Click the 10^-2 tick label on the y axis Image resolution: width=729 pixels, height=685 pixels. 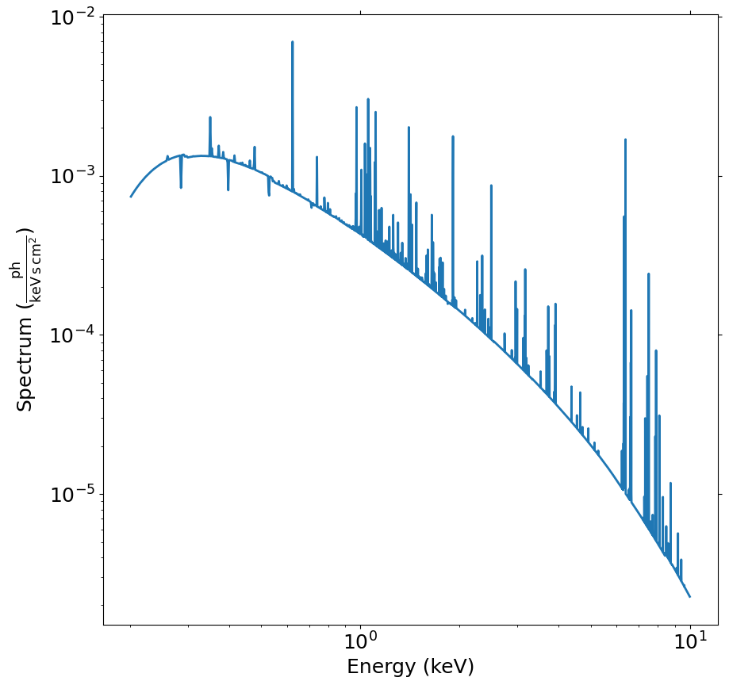(73, 17)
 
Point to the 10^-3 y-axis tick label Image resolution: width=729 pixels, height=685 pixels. (73, 176)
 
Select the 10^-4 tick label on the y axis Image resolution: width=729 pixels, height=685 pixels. (73, 335)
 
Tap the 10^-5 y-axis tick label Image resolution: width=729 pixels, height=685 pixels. (73, 494)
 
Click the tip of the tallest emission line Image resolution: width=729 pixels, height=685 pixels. (292, 42)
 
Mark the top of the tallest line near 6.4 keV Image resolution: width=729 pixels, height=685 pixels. (625, 140)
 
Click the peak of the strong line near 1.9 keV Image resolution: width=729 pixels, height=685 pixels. (453, 136)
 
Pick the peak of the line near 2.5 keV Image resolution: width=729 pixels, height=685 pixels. (491, 186)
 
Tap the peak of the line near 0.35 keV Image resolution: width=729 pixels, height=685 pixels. (210, 117)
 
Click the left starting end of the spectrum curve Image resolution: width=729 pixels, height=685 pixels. (131, 197)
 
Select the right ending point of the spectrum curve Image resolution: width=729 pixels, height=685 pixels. (690, 596)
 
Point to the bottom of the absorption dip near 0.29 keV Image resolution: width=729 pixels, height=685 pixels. (181, 188)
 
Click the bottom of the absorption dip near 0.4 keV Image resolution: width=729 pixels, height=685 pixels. (228, 190)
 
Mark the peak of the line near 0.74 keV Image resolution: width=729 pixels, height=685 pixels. (317, 157)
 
